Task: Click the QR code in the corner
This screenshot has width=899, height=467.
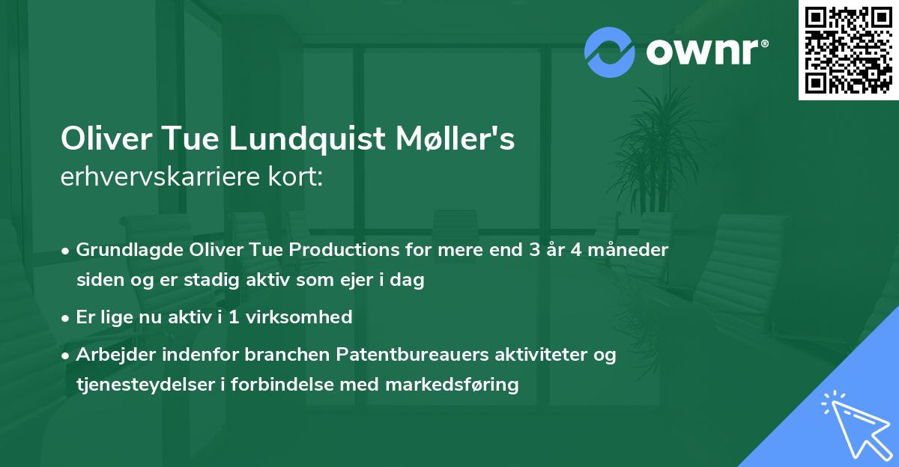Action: point(849,50)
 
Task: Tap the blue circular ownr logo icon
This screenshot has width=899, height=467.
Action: point(610,52)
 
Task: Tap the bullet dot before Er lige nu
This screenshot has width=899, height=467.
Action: point(67,317)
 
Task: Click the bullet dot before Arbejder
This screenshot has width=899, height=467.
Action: point(67,355)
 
